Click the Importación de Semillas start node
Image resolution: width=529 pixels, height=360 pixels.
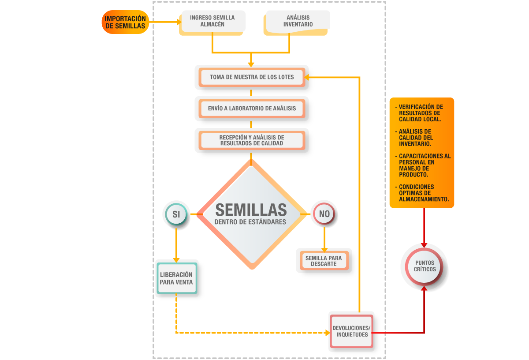pyautogui.click(x=125, y=22)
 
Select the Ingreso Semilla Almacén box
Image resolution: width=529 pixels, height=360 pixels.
pyautogui.click(x=212, y=21)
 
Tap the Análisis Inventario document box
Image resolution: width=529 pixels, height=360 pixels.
pyautogui.click(x=298, y=21)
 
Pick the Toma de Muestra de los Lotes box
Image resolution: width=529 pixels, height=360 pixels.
pyautogui.click(x=252, y=77)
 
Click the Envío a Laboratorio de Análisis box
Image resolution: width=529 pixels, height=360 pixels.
pyautogui.click(x=252, y=108)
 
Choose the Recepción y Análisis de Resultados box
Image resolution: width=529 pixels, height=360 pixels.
pyautogui.click(x=252, y=140)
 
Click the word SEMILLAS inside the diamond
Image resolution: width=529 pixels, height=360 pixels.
pyautogui.click(x=250, y=210)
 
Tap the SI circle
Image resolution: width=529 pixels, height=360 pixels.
pyautogui.click(x=176, y=214)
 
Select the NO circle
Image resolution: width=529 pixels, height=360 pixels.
pyautogui.click(x=324, y=214)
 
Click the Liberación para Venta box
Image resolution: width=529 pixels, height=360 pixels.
pyautogui.click(x=176, y=278)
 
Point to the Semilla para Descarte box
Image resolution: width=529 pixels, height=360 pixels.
pyautogui.click(x=324, y=261)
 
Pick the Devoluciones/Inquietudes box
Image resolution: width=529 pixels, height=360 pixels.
pyautogui.click(x=351, y=331)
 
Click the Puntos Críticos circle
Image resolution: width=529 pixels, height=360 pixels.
pyautogui.click(x=425, y=266)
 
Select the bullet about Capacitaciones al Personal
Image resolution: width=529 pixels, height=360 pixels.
pyautogui.click(x=424, y=165)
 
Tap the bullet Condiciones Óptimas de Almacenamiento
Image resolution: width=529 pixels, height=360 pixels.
pyautogui.click(x=423, y=193)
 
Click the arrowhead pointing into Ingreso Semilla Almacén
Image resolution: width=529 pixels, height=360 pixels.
pyautogui.click(x=179, y=22)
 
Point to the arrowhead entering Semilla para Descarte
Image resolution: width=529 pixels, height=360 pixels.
pyautogui.click(x=324, y=248)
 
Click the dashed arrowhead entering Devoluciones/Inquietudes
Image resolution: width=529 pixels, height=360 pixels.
pyautogui.click(x=327, y=333)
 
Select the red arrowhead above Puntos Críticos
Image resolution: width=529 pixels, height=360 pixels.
pyautogui.click(x=424, y=244)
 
